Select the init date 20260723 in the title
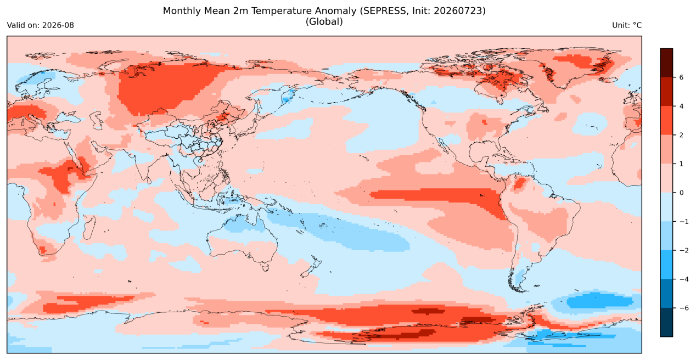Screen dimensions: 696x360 [x=458, y=11]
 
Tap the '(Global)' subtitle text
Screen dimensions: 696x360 [x=324, y=22]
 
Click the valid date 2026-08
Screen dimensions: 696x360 [x=58, y=25]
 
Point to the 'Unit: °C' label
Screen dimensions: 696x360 [x=627, y=25]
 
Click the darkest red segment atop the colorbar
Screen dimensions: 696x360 [x=666, y=63]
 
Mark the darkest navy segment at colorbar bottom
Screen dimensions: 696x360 [x=666, y=322]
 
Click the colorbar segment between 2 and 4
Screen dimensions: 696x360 [x=666, y=121]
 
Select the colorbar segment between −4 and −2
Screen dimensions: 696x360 [x=666, y=265]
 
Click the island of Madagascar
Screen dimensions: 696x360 [x=89, y=228]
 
